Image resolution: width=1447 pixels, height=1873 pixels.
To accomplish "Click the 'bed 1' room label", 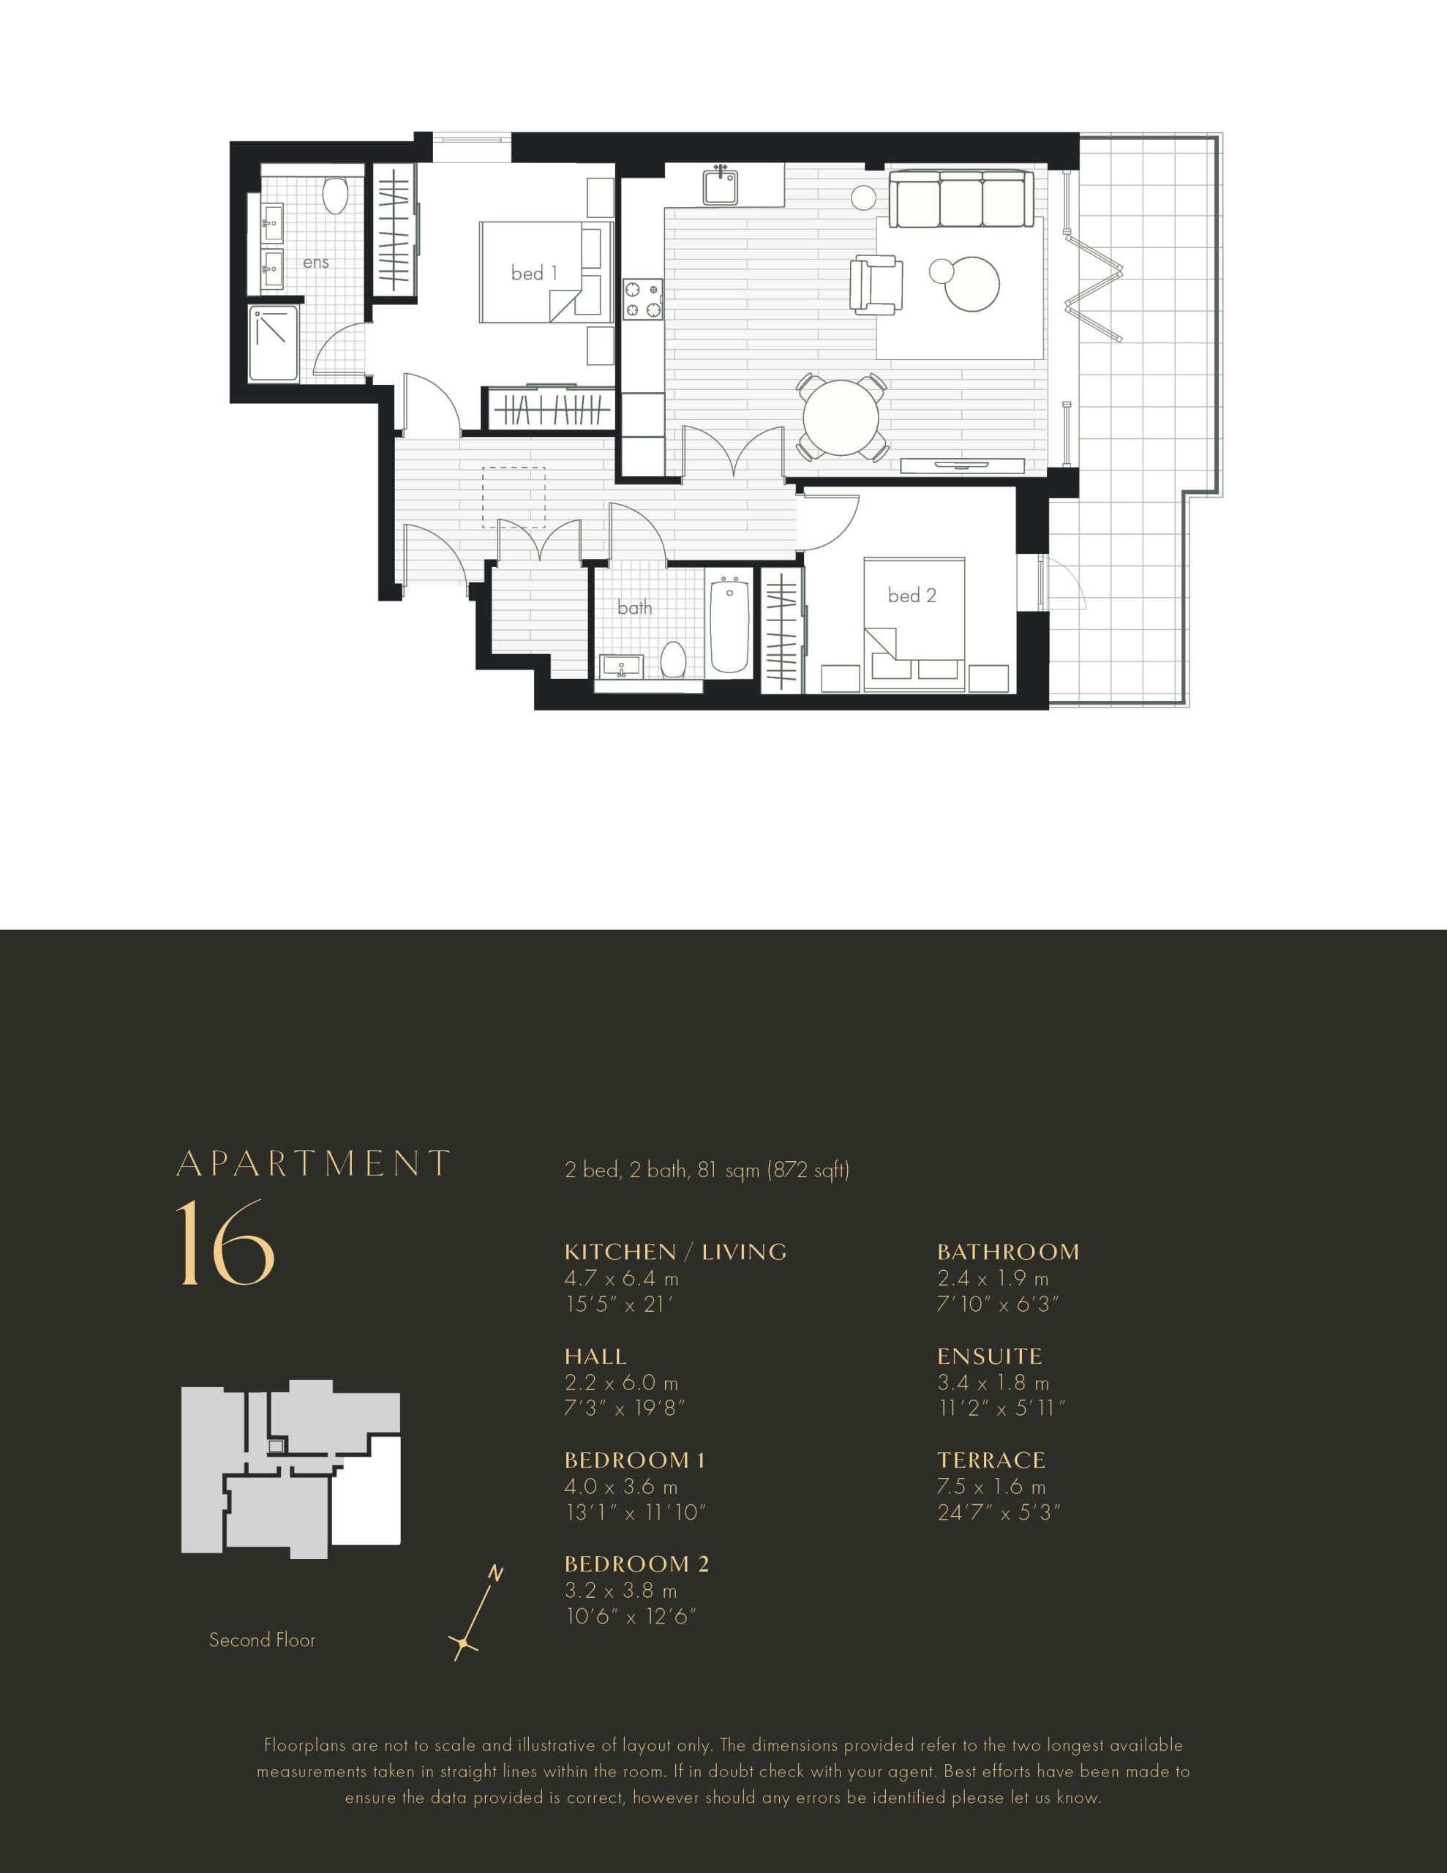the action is coord(533,273).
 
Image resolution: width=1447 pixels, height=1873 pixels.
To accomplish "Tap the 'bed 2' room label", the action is coord(912,595).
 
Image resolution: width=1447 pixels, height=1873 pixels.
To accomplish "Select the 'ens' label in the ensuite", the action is coord(315,263).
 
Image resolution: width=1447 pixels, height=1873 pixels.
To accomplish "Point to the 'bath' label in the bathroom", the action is coord(635,608).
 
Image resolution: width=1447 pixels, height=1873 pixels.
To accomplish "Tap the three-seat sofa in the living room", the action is coord(961,199).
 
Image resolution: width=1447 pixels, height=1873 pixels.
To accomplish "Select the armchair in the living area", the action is coord(876,284).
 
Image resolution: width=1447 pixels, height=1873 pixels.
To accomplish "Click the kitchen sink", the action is coord(721,185).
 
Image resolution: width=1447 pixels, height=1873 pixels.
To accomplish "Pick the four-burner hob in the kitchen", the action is coord(643,300).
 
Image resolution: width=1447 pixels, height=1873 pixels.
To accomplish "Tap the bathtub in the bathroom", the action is coord(730,626).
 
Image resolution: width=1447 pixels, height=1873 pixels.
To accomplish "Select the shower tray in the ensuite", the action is coord(274,343).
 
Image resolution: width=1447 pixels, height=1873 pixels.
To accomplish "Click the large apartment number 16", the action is coord(225,1242).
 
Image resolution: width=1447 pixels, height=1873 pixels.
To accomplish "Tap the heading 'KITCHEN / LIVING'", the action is coord(675,1252).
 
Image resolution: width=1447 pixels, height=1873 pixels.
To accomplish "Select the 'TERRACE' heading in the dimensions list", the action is coord(991,1460).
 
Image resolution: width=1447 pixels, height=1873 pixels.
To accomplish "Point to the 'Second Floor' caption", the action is coord(263,1640).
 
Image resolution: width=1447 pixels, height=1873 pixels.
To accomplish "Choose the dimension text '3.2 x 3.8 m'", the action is coord(621,1591).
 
